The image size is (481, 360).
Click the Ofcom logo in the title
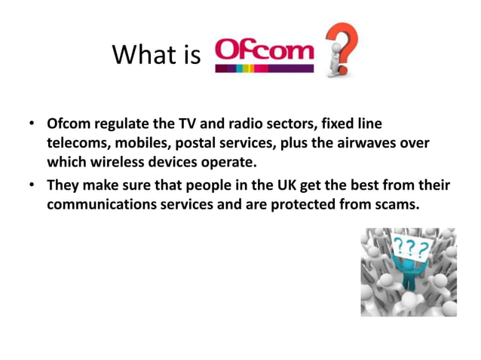pyautogui.click(x=264, y=55)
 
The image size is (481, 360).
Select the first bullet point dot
pyautogui.click(x=32, y=122)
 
